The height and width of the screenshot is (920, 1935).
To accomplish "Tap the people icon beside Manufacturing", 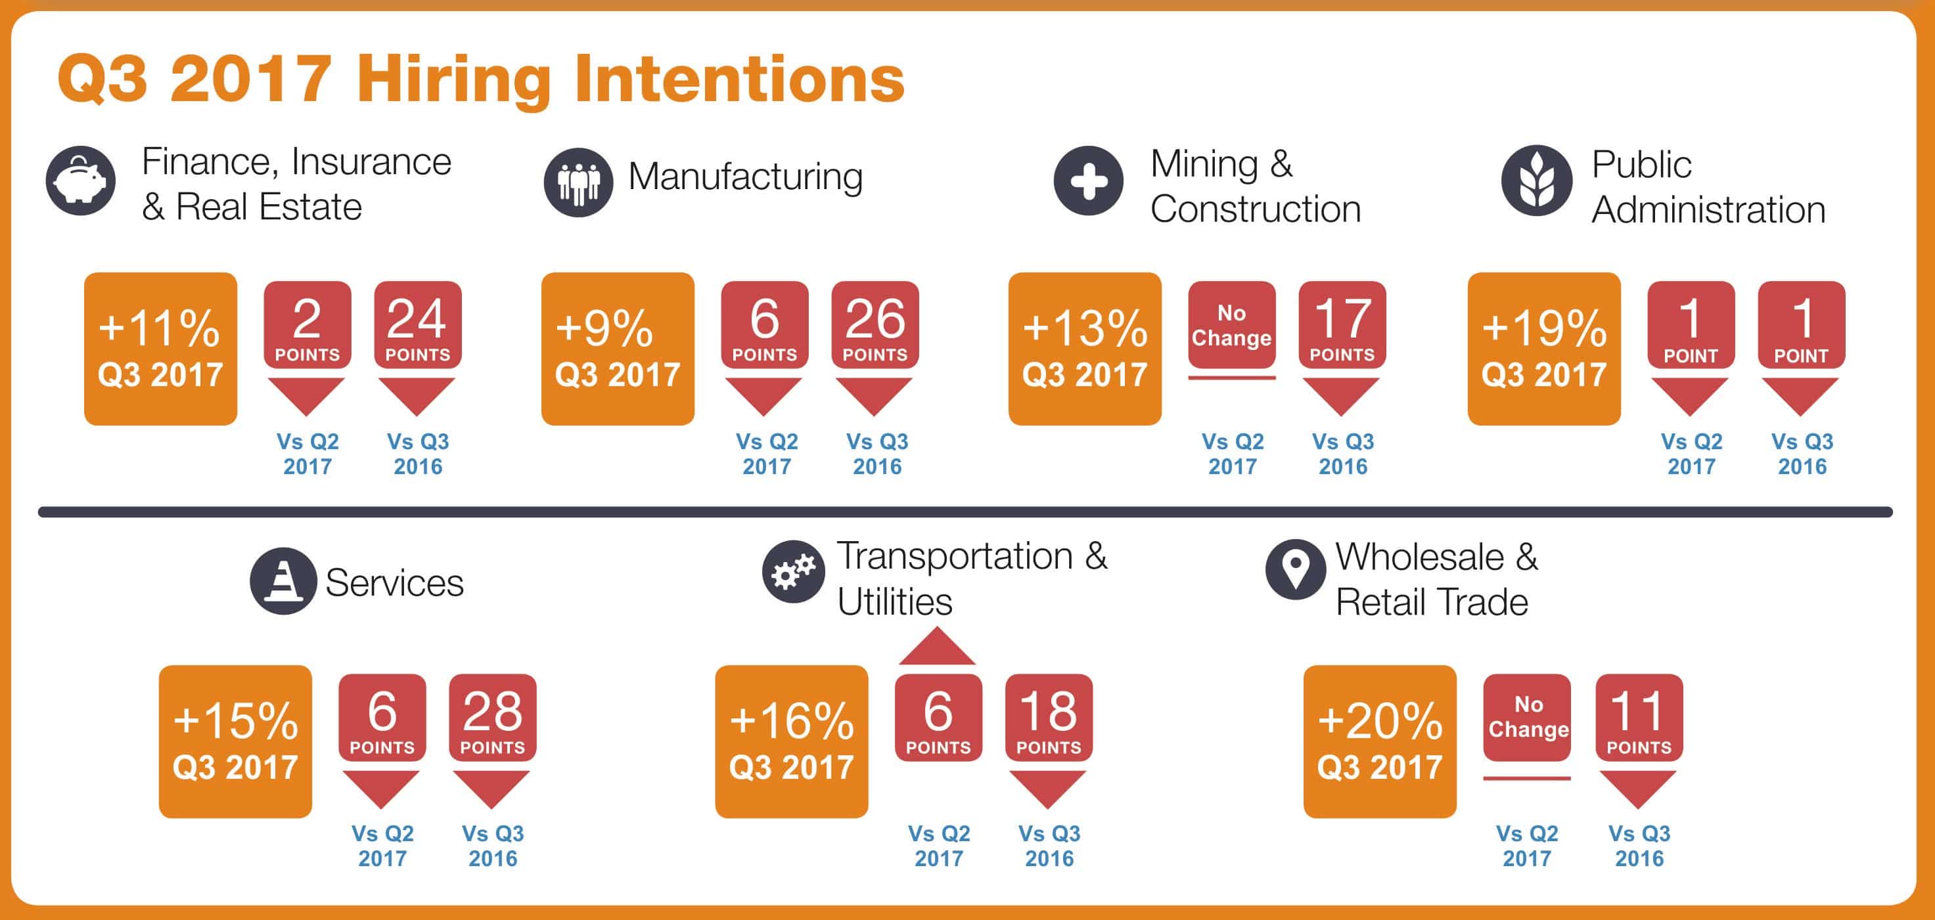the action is pyautogui.click(x=578, y=183).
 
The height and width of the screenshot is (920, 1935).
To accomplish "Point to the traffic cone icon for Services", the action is pyautogui.click(x=283, y=580).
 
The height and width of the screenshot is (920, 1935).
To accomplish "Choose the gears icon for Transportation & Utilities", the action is pyautogui.click(x=793, y=571).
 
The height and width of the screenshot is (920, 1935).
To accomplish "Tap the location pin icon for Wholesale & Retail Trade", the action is pyautogui.click(x=1295, y=569).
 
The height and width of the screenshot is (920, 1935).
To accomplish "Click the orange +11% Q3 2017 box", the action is pyautogui.click(x=161, y=349).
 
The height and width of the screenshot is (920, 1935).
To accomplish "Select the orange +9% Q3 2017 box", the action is pyautogui.click(x=618, y=349).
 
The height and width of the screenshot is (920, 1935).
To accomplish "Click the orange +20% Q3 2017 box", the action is pyautogui.click(x=1380, y=741).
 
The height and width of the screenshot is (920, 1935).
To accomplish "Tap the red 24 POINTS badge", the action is pyautogui.click(x=418, y=325).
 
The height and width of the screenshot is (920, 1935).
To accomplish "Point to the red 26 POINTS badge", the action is pyautogui.click(x=875, y=325).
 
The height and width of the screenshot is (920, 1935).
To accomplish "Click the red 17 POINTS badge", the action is pyautogui.click(x=1342, y=325).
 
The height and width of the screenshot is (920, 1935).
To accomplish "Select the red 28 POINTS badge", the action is pyautogui.click(x=493, y=718).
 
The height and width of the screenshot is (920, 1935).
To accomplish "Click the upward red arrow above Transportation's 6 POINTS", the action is pyautogui.click(x=938, y=647).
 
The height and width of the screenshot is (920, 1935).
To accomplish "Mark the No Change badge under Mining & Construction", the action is pyautogui.click(x=1232, y=325).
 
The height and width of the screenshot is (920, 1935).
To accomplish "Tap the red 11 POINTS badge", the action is pyautogui.click(x=1639, y=718).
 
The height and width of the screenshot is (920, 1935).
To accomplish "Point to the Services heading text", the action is pyautogui.click(x=394, y=582).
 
